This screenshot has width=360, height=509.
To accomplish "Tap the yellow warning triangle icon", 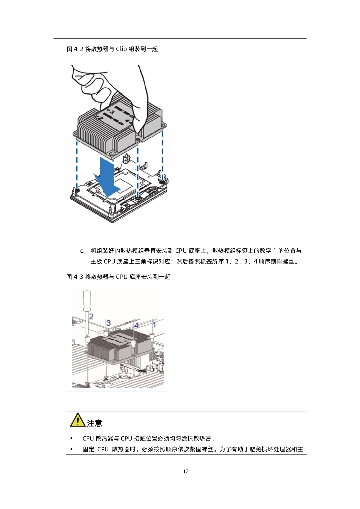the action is coord(78,420).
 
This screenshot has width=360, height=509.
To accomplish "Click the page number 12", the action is coord(186,472).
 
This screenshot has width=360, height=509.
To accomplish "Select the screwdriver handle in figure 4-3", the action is coord(87,301).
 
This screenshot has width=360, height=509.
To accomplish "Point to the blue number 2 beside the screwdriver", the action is coord(91,316).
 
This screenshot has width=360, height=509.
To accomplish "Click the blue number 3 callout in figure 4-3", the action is coord(108,323).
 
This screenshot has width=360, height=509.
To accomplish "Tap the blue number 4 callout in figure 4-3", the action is coord(136,325).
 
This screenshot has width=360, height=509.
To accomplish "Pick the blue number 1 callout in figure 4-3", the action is coord(154,324).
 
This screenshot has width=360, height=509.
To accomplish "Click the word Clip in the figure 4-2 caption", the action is coord(121,49).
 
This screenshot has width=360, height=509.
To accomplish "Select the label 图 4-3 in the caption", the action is coord(75,277).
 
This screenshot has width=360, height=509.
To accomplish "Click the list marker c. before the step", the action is coord(82,251).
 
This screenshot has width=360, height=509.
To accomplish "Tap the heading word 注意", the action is coord(94,423).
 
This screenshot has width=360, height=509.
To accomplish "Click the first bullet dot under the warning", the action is coord(71,438).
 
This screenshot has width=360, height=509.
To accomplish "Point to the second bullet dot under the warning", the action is coord(71,449).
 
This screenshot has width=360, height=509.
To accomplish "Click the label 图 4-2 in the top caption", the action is coord(75,49).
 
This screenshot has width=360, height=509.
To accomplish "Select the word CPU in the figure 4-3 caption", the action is coord(122,277).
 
